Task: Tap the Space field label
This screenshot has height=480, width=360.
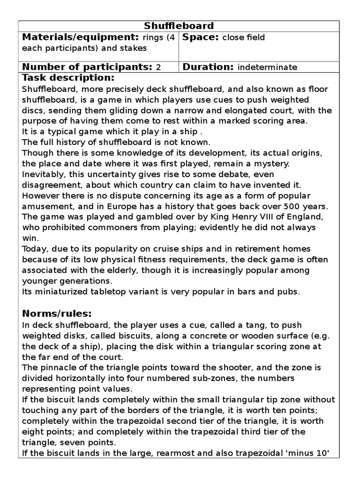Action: coord(201,37)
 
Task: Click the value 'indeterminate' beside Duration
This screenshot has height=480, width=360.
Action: coord(267,67)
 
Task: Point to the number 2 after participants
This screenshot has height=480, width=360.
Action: coord(158,67)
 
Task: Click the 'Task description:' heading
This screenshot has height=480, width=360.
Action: coord(68,78)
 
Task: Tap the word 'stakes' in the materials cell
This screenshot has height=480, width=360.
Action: coord(134,48)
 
